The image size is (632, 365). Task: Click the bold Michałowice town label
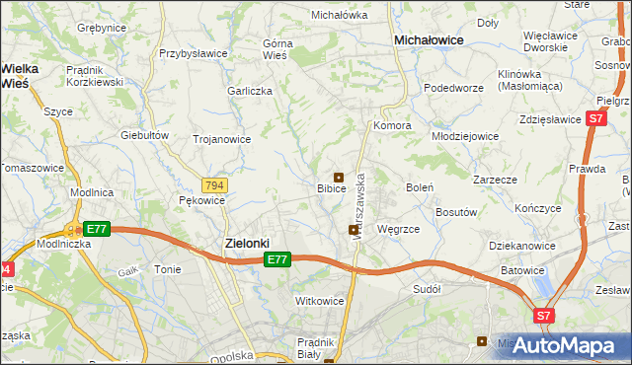[430, 39]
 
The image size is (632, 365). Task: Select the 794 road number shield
[214, 184]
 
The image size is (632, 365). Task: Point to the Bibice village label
[331, 187]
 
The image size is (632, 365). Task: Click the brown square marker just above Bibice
[338, 177]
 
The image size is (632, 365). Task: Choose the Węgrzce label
[399, 229]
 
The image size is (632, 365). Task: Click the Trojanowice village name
[220, 139]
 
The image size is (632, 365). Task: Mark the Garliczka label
[249, 90]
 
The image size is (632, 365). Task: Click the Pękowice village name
[202, 200]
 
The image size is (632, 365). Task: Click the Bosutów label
[457, 212]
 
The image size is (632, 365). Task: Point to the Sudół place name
[427, 290]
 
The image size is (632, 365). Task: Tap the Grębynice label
[101, 28]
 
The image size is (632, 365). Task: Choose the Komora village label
[392, 126]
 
